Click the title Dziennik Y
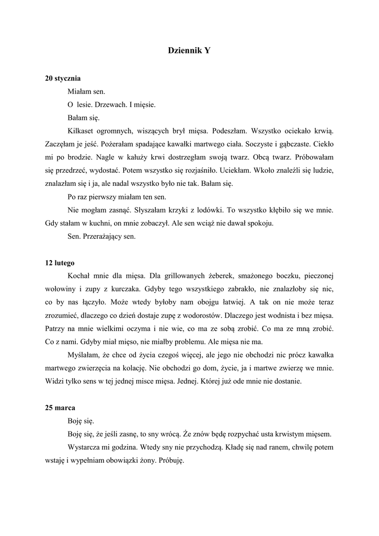(189, 51)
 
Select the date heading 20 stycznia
(63, 79)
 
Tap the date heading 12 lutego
(60, 263)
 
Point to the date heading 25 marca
(61, 407)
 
